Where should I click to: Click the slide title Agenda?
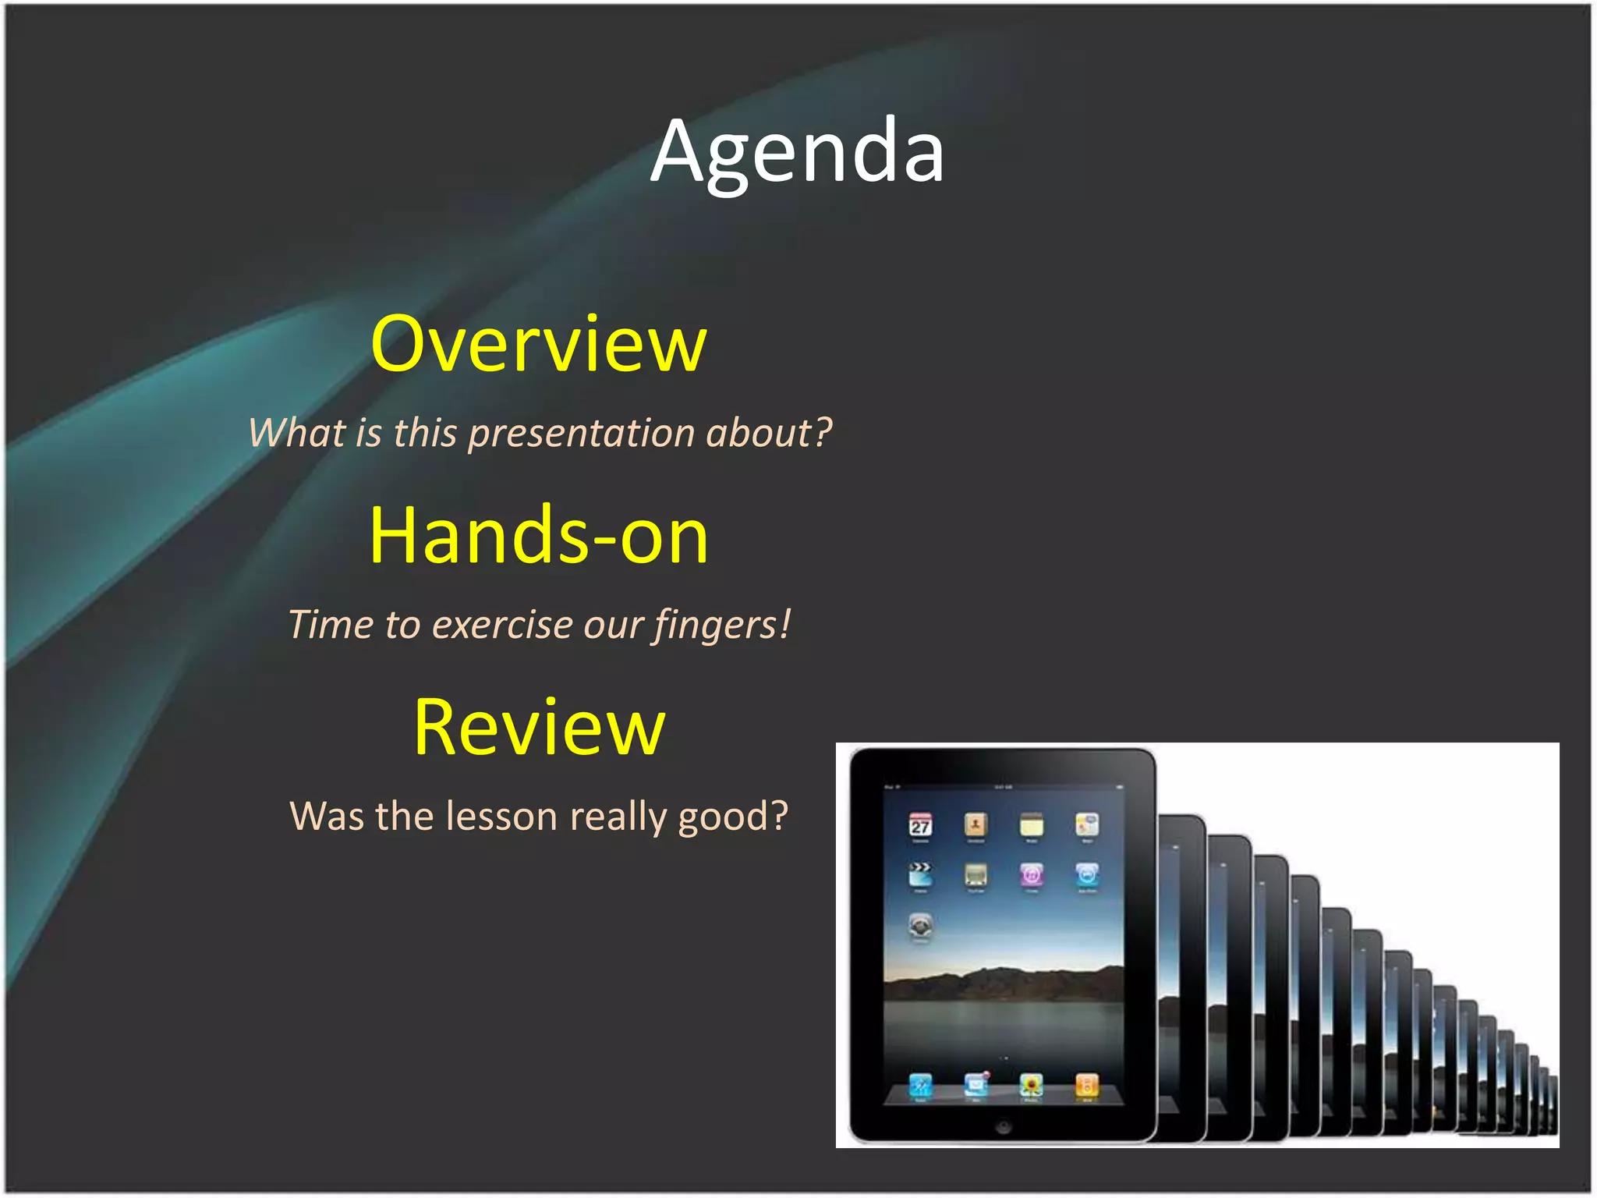[x=797, y=152]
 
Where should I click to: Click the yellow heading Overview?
[x=538, y=344]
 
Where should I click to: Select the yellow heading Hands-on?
[x=539, y=536]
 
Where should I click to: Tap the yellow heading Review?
[x=539, y=727]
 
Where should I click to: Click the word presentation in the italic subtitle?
[x=581, y=433]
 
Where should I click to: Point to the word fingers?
[x=722, y=625]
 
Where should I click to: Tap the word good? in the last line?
[x=733, y=817]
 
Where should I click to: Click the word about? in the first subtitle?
[x=769, y=433]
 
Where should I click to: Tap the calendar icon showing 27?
[x=920, y=825]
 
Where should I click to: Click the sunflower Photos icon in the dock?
[x=1031, y=1084]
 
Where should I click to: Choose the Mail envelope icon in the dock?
[x=976, y=1084]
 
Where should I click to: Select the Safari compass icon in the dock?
[x=920, y=1085]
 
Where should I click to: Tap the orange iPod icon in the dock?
[x=1086, y=1084]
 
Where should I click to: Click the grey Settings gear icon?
[x=920, y=925]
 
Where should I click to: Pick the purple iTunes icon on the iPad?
[x=1031, y=874]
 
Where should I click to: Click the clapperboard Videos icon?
[x=920, y=874]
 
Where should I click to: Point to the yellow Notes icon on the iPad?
[x=1031, y=824]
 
